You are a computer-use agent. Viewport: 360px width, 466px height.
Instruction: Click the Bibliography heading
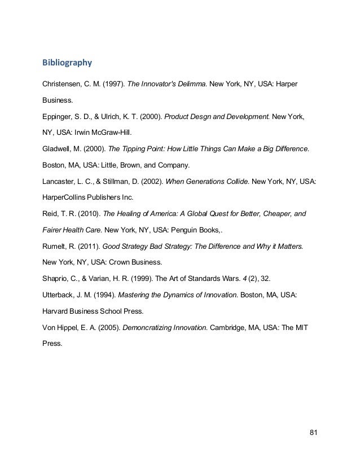(67, 60)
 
